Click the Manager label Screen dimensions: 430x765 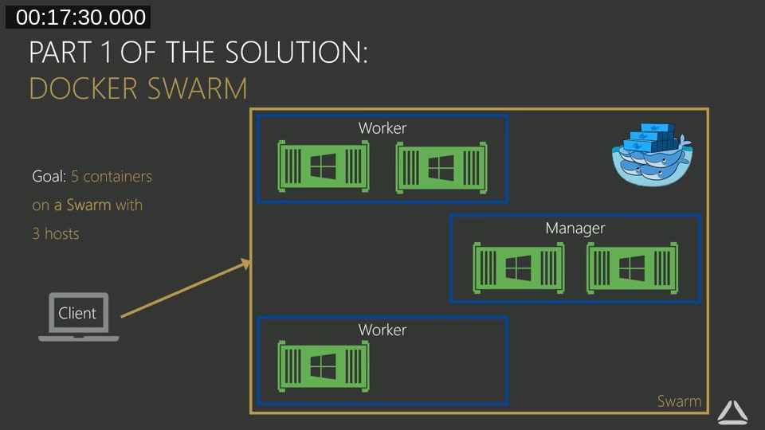click(575, 229)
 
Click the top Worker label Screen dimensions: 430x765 click(382, 128)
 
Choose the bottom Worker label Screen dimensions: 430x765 click(382, 330)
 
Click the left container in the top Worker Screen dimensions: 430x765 click(323, 167)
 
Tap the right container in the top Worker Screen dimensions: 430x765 click(441, 168)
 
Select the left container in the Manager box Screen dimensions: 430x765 click(519, 268)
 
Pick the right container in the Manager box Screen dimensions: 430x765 click(632, 268)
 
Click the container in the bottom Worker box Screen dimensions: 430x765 click(323, 365)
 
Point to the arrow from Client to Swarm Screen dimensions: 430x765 click(186, 289)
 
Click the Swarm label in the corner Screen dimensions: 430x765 click(679, 401)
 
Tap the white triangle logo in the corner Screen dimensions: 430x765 click(732, 411)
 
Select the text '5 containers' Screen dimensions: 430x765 click(116, 176)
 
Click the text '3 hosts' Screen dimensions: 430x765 click(56, 234)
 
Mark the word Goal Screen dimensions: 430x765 click(49, 176)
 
